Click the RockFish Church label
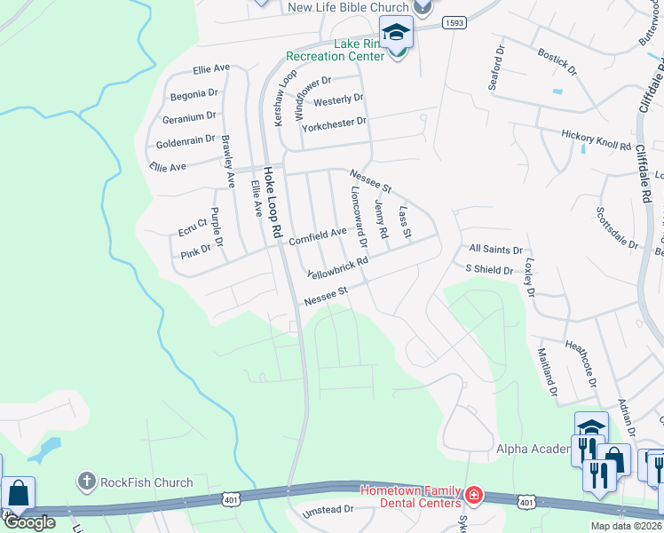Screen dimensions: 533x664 click(x=146, y=482)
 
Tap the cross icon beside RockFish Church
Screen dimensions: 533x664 click(x=86, y=482)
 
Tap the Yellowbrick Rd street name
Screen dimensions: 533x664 click(x=337, y=267)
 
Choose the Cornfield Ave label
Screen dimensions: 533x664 click(x=317, y=234)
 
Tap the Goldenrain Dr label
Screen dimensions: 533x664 click(x=186, y=139)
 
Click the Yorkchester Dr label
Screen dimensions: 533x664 click(x=334, y=122)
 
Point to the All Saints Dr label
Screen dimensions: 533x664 click(x=495, y=251)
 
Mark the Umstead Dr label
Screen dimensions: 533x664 click(x=328, y=511)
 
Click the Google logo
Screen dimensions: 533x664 click(x=29, y=522)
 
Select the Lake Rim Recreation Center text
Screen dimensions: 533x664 click(x=335, y=49)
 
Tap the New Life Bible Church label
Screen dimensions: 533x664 click(x=348, y=7)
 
